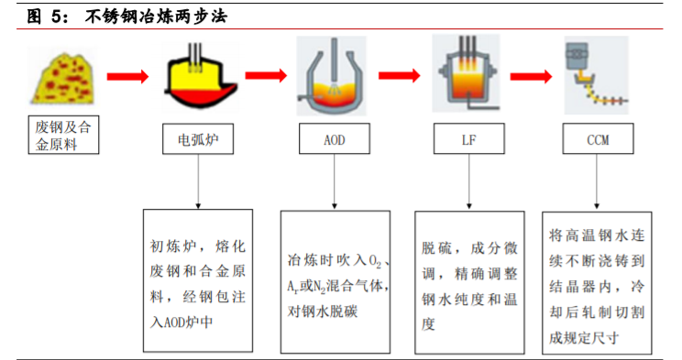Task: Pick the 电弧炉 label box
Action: (198, 139)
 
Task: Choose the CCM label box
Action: (597, 139)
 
